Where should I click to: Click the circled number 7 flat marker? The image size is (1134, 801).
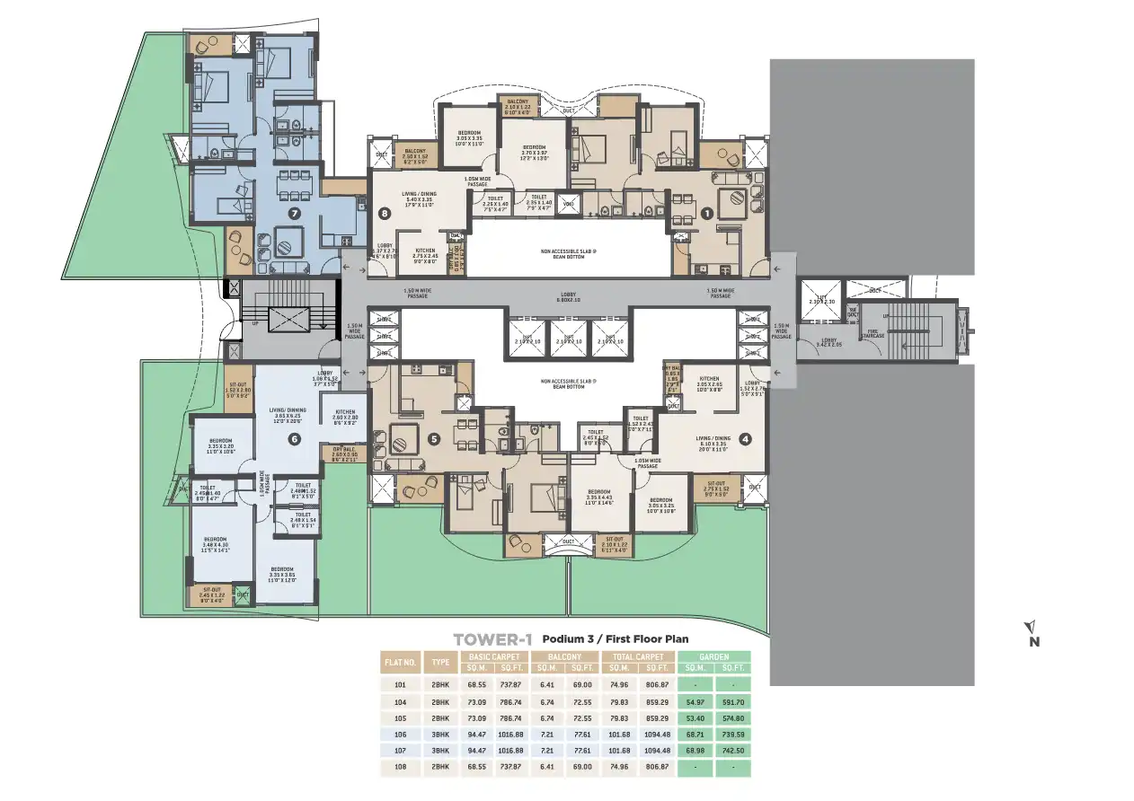294,214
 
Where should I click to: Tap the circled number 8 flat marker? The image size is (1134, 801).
385,214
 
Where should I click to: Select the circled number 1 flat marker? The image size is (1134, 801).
707,214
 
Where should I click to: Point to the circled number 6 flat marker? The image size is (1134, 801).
294,439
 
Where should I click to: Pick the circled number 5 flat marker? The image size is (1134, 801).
434,439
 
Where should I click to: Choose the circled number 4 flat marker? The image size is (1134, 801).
745,439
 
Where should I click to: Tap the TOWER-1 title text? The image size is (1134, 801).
492,639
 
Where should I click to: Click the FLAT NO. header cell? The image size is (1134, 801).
400,663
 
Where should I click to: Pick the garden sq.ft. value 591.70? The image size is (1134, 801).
732,702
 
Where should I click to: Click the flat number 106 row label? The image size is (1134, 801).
400,734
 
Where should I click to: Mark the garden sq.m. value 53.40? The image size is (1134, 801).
694,718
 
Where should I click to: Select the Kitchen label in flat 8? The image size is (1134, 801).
424,253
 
